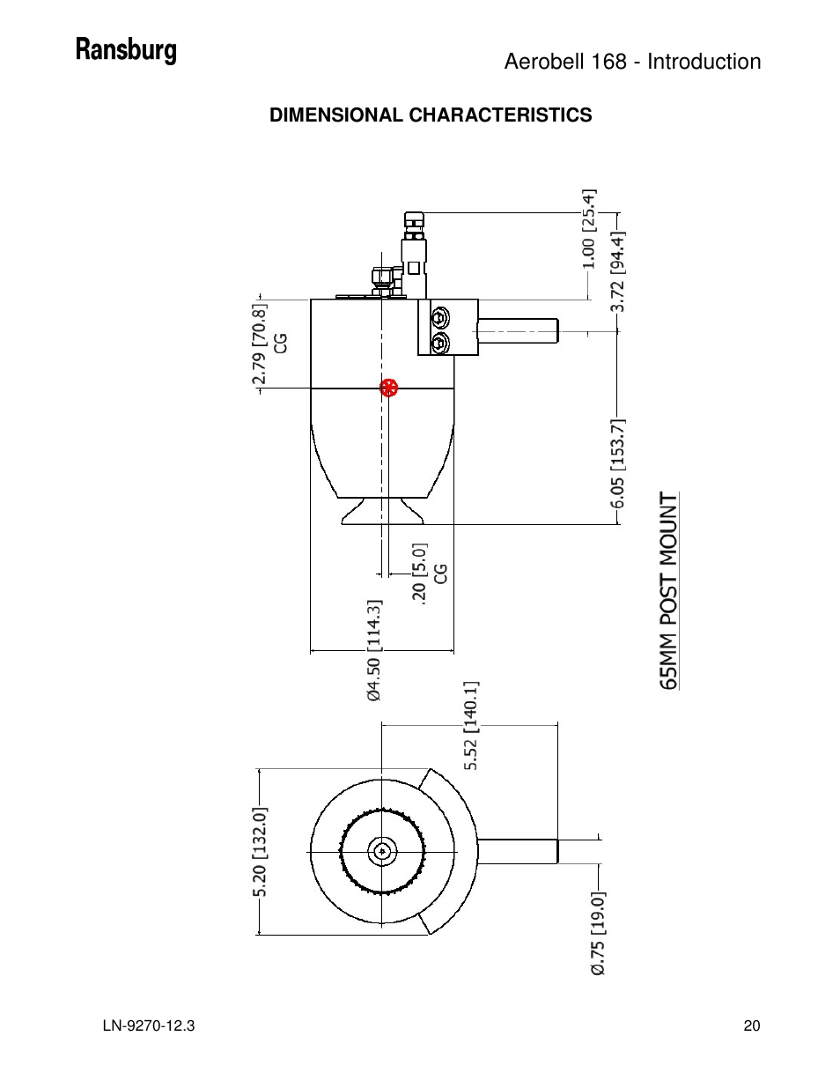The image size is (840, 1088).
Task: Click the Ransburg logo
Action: (x=126, y=50)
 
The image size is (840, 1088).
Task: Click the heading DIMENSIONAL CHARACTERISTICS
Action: (x=431, y=115)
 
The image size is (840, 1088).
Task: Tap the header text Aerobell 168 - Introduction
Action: (x=632, y=62)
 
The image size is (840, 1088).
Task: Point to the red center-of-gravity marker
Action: (x=389, y=388)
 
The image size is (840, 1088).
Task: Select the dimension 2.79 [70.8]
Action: (x=259, y=345)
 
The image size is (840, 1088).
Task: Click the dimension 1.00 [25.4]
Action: (x=589, y=229)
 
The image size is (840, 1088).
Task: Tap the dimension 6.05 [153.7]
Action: (x=617, y=463)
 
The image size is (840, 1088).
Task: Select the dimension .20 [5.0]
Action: (x=419, y=573)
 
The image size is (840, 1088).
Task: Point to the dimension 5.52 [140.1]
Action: (x=471, y=725)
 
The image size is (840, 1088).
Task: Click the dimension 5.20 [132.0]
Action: (x=260, y=852)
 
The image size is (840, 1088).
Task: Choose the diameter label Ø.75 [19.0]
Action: (x=598, y=933)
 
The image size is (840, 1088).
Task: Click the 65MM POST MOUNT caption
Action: (x=669, y=590)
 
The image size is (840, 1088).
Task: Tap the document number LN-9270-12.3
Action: (x=148, y=1025)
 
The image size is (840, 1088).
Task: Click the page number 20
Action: (x=751, y=1025)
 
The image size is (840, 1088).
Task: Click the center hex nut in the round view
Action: (x=382, y=851)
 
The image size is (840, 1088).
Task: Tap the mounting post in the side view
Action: (x=518, y=330)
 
